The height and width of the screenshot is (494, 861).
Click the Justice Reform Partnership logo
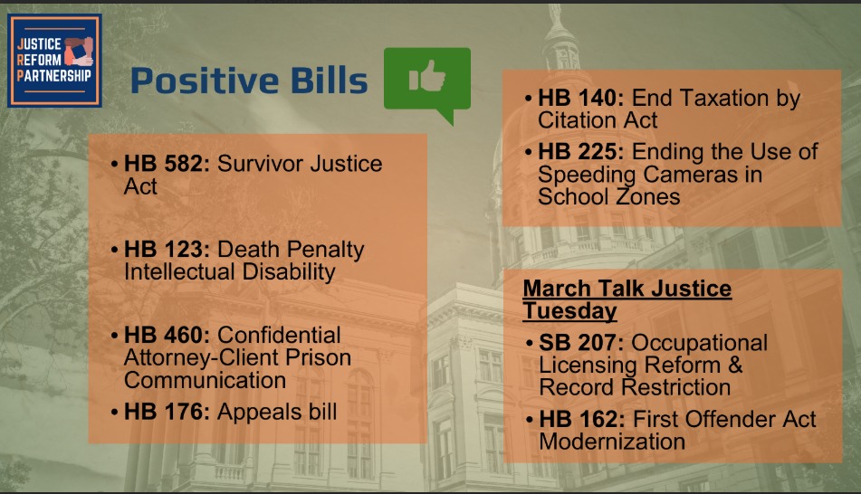[x=54, y=61]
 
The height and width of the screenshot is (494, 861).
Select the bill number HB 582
[x=167, y=164]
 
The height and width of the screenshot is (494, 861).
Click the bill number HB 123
[x=167, y=249]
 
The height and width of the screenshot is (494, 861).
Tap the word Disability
[x=289, y=272]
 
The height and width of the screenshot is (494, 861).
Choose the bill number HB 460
[x=167, y=335]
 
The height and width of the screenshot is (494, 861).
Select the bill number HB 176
[x=167, y=412]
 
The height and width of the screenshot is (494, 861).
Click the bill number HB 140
[x=581, y=98]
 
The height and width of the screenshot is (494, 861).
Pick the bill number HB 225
[x=581, y=151]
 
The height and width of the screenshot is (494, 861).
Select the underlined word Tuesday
[x=570, y=311]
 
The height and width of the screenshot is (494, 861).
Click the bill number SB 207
[x=581, y=343]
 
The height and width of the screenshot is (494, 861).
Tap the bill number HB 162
[x=582, y=419]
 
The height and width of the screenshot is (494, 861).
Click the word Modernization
[x=612, y=442]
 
